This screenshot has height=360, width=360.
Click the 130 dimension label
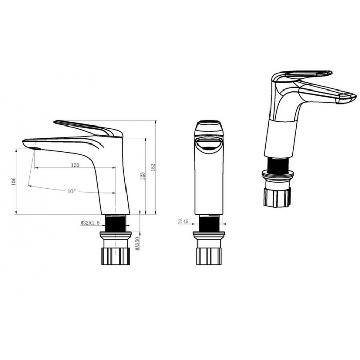point(75,165)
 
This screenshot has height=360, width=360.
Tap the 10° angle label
point(71,191)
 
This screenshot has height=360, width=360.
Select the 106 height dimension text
point(13,182)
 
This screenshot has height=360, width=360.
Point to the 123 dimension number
point(142,176)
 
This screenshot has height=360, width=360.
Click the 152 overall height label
point(153,167)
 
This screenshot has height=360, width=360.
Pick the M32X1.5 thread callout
point(90,223)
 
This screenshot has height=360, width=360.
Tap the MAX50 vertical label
point(138,244)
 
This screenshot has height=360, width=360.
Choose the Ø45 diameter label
point(183,221)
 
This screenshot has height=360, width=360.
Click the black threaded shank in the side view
point(116,223)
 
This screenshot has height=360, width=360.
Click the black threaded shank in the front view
point(209,223)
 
